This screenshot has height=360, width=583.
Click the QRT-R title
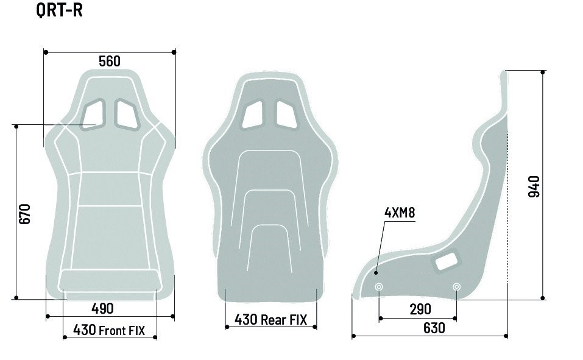(60, 10)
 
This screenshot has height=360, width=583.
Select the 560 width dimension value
(110, 62)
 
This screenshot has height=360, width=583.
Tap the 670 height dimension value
(24, 214)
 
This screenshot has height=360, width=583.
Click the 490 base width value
(102, 308)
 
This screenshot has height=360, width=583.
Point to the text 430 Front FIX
(109, 330)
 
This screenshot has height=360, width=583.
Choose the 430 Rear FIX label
(270, 319)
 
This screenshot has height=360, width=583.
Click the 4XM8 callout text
(399, 213)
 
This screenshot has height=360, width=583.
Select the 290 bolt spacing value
(420, 309)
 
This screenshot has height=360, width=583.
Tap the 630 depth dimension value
(434, 328)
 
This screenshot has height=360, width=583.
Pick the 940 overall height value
(534, 186)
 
